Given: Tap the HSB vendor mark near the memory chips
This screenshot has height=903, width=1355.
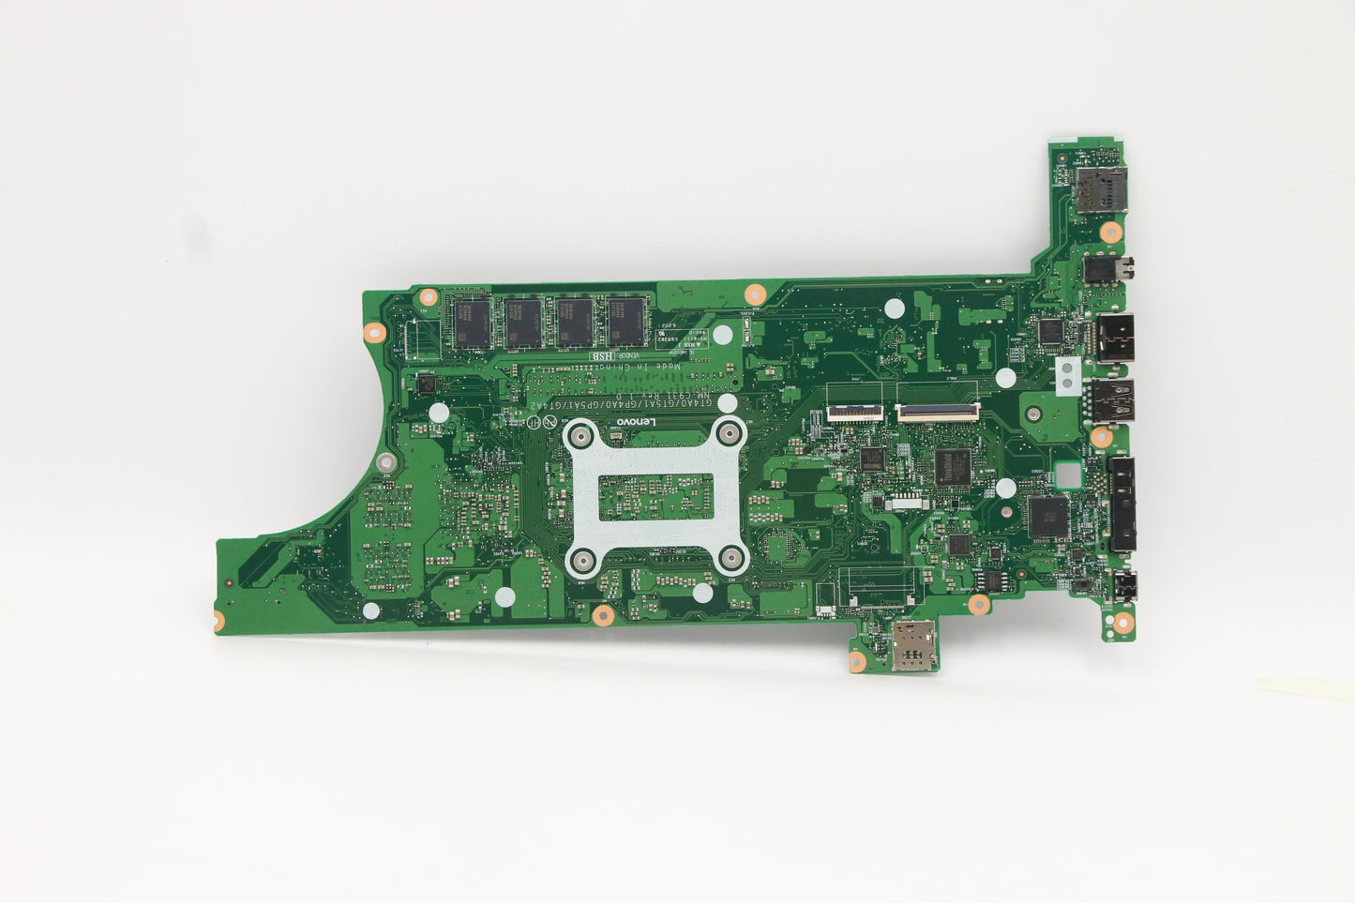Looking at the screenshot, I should (x=601, y=356).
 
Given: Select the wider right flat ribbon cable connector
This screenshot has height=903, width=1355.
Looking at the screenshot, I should (x=936, y=410).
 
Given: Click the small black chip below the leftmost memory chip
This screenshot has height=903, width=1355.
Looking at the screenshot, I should (x=425, y=384).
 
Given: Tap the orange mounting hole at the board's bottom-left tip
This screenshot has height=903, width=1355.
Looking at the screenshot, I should (x=218, y=618).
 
